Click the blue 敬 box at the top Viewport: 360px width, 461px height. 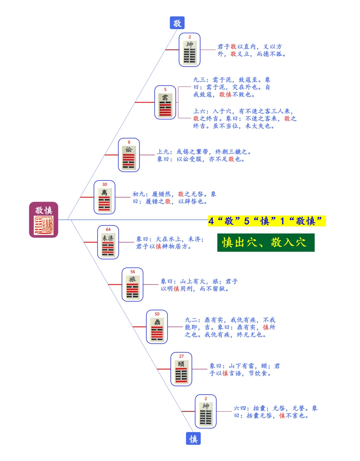click(x=177, y=23)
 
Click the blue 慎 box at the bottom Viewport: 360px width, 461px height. click(x=193, y=439)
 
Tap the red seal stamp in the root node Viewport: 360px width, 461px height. click(x=44, y=225)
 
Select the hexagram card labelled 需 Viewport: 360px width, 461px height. click(x=165, y=102)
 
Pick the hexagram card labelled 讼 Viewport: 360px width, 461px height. click(x=129, y=155)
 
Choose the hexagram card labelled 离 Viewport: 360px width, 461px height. click(x=104, y=197)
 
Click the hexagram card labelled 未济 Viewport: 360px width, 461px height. click(x=108, y=242)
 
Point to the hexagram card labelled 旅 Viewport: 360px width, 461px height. click(x=132, y=285)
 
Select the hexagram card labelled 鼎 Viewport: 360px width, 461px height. click(x=157, y=327)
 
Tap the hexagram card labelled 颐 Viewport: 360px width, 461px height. click(x=181, y=369)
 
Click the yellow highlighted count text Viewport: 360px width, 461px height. click(x=266, y=221)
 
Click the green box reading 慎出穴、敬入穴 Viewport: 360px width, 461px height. click(x=266, y=243)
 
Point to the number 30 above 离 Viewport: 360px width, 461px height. click(x=105, y=184)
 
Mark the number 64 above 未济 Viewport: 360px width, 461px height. click(x=108, y=229)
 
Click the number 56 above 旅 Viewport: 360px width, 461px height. click(x=133, y=272)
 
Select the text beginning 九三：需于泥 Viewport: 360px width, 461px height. click(x=232, y=87)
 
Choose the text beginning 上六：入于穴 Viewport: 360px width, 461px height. click(x=244, y=118)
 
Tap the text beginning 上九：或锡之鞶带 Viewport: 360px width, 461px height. click(x=204, y=155)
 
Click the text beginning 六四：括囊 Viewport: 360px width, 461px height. click(x=275, y=412)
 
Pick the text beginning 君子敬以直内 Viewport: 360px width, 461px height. click(x=251, y=50)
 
